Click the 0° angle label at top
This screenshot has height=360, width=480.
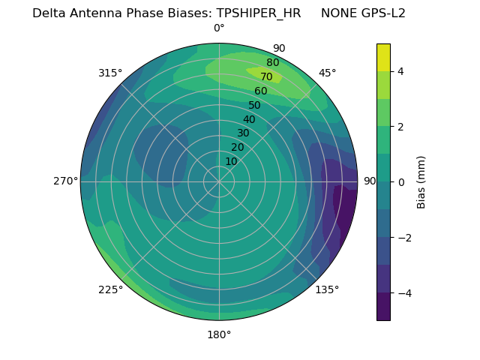click(219, 28)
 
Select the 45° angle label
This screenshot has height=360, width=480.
click(327, 73)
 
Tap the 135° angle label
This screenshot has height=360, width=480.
click(327, 289)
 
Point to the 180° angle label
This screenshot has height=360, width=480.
click(219, 334)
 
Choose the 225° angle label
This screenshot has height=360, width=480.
click(110, 289)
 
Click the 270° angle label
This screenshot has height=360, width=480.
click(65, 181)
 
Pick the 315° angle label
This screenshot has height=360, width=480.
click(110, 73)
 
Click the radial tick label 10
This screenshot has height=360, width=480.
click(231, 161)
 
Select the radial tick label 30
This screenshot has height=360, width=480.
click(243, 133)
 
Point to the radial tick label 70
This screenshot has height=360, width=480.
click(266, 76)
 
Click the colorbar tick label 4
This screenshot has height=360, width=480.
click(400, 71)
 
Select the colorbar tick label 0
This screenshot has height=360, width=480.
click(400, 181)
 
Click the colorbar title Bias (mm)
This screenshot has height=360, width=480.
click(421, 181)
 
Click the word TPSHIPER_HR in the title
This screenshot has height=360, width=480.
click(259, 13)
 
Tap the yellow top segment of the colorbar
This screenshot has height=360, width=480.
click(383, 57)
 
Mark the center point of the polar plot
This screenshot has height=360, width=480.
click(219, 181)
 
